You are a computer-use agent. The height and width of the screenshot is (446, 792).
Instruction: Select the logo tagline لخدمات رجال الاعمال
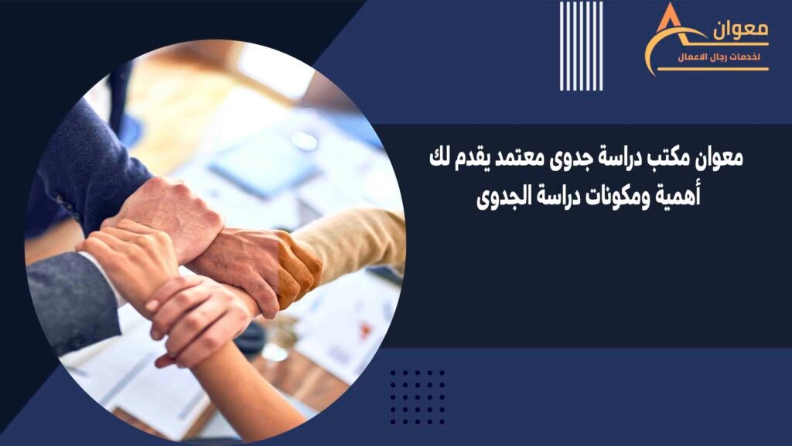pos(719,57)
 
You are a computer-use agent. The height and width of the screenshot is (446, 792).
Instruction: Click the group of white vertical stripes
pos(581,46)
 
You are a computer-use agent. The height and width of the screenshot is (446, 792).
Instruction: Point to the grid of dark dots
pos(417,397)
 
